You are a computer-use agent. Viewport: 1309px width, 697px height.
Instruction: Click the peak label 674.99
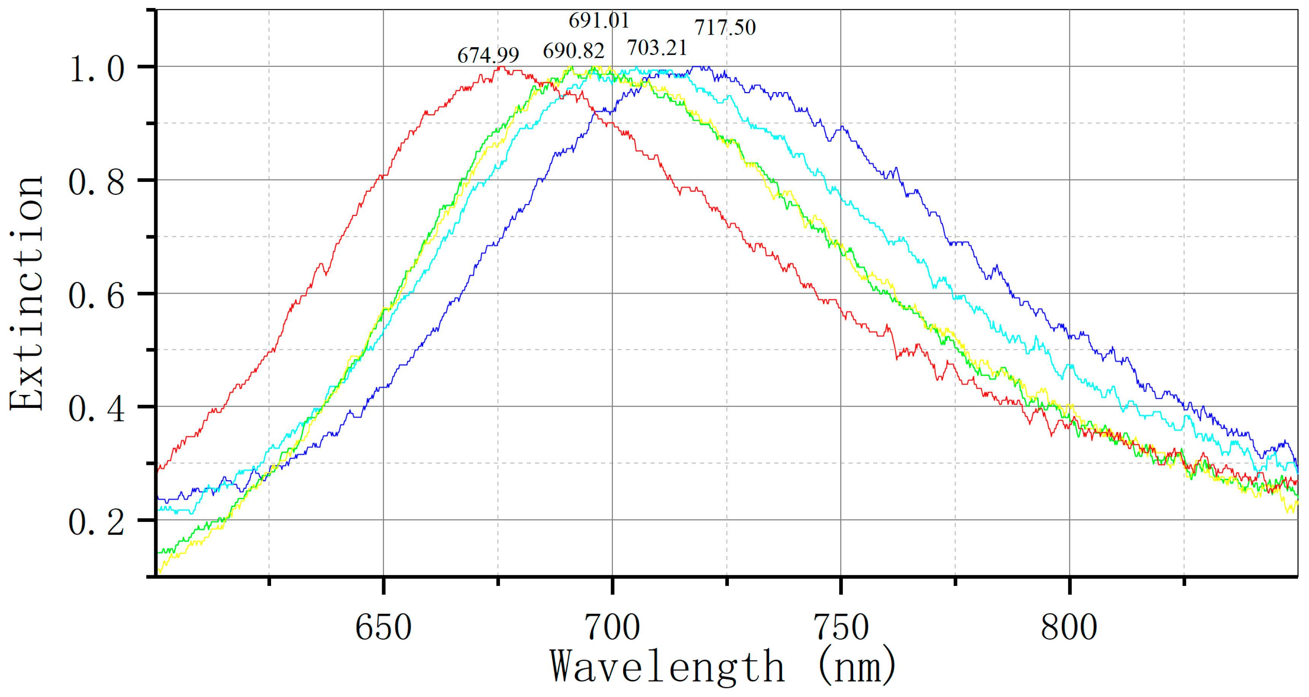pos(488,55)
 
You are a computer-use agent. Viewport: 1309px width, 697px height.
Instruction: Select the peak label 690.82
pos(573,51)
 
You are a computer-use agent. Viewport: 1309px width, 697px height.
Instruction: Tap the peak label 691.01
pos(598,20)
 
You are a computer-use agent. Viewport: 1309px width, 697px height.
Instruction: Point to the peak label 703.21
pos(657,48)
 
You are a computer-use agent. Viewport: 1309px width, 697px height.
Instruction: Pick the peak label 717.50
pos(725,27)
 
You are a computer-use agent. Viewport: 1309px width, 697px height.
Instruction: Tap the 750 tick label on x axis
pos(841,627)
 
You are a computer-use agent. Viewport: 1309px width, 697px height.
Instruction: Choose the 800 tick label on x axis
pos(1069,627)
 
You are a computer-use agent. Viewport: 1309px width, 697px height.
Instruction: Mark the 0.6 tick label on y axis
pos(97,296)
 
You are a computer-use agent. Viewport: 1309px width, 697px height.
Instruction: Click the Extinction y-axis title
pos(27,293)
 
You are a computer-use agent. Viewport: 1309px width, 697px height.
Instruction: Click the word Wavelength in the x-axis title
pos(667,667)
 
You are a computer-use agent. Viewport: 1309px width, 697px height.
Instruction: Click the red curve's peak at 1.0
pos(500,67)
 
